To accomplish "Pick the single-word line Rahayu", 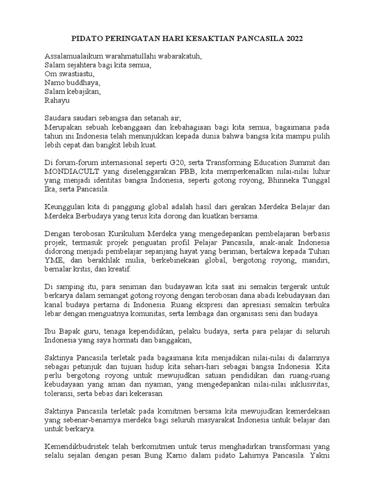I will coord(57,101).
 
